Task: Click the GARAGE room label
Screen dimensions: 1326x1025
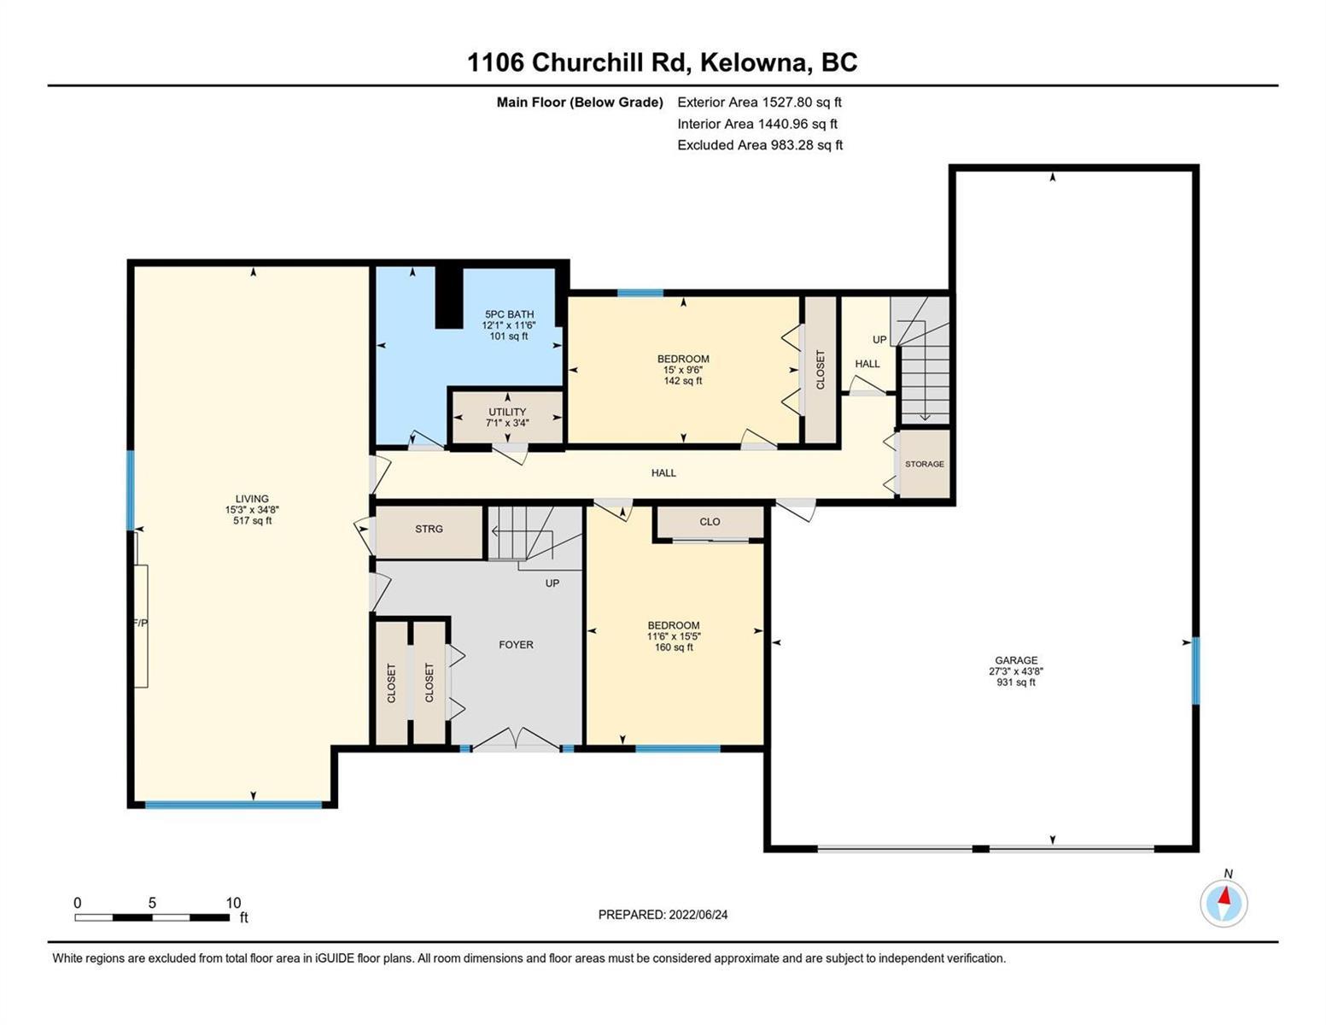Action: point(1016,660)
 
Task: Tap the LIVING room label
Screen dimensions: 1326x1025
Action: point(252,499)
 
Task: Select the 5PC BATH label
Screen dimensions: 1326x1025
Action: point(508,314)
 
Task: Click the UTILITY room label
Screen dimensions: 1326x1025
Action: point(507,412)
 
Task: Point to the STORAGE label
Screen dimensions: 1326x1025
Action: point(925,464)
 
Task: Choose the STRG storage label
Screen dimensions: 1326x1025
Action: point(429,529)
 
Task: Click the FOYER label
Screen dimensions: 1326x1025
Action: point(517,645)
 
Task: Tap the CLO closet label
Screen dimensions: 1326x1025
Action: point(710,522)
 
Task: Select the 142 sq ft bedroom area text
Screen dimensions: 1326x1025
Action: point(683,381)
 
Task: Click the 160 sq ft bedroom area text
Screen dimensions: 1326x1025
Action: point(674,647)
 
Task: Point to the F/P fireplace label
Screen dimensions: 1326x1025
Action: point(141,623)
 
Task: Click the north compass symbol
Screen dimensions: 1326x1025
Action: point(1224,903)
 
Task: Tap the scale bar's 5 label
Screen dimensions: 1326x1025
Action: point(152,903)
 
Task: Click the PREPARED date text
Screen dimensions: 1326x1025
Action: point(663,915)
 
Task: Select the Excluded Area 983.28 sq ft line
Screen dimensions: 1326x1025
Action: point(760,145)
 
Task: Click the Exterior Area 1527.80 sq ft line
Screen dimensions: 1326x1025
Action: point(759,102)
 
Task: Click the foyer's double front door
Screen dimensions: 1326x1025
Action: point(517,740)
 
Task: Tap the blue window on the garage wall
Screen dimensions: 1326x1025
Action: point(1195,671)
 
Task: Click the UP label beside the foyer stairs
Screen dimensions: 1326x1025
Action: point(552,583)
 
